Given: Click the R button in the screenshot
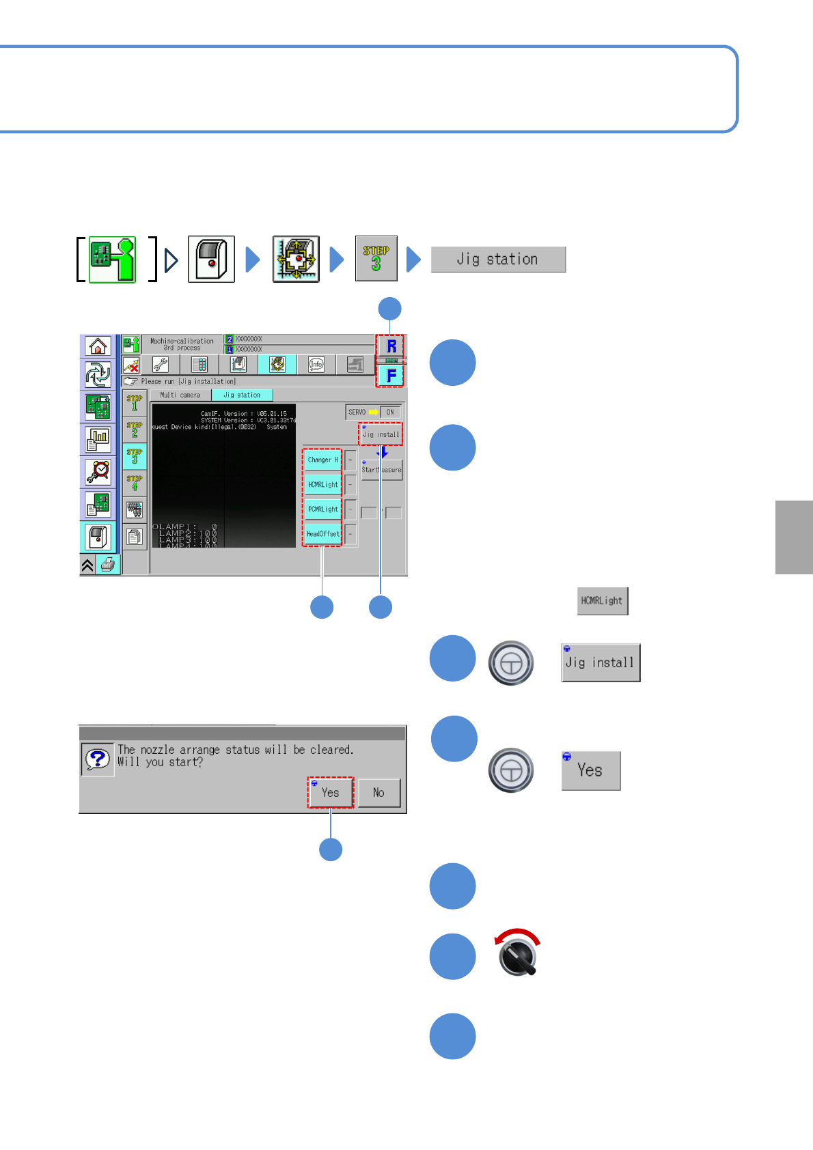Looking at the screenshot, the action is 391,346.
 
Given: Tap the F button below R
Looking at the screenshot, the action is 391,375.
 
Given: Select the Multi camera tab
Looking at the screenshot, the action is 180,395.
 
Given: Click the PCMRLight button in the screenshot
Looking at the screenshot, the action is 322,509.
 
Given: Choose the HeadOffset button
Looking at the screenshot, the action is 322,533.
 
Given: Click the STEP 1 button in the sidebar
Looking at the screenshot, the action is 135,403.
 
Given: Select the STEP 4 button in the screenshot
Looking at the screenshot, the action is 135,483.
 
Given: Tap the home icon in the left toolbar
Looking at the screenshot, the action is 98,346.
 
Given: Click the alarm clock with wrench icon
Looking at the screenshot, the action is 98,471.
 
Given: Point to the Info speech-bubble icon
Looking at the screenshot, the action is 316,364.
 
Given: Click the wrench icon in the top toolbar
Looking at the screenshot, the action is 161,364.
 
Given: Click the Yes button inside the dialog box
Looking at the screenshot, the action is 331,792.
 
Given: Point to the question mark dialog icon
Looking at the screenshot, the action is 98,759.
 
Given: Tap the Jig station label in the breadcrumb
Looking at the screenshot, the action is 498,260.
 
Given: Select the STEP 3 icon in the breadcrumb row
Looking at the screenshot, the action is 376,258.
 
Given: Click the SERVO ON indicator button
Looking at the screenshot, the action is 389,412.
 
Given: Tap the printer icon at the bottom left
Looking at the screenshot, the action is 107,565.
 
